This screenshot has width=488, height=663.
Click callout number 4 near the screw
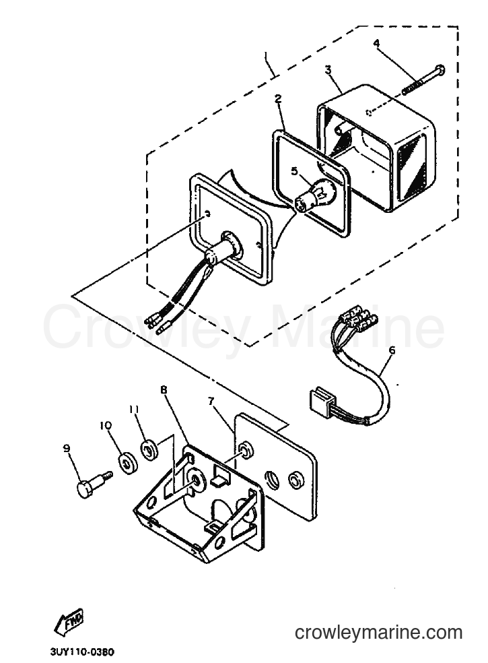pos(376,42)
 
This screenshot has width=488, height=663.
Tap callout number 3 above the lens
pos(328,69)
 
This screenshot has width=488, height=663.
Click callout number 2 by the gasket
pos(278,99)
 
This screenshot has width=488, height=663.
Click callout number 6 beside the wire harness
pos(392,350)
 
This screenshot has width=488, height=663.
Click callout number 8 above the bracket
pos(164,389)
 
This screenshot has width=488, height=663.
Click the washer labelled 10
pos(127,464)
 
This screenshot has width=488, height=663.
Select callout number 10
pos(106,425)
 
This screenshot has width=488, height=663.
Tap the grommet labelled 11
pos(149,449)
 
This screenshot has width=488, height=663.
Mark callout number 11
pos(135,409)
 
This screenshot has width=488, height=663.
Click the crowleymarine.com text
pos(378,633)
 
